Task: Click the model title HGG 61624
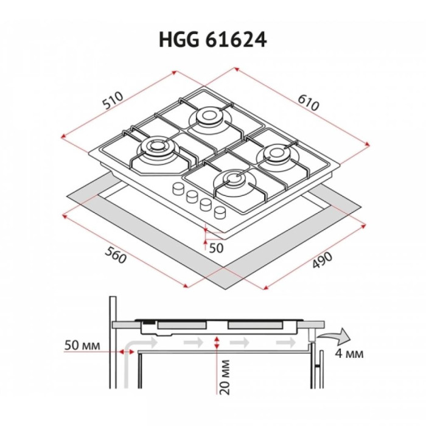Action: pos(213,40)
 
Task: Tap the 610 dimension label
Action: pos(309,103)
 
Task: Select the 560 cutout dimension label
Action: pos(116,255)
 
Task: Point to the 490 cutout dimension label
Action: pos(322,260)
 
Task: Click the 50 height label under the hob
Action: pos(216,248)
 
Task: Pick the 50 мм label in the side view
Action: pos(82,345)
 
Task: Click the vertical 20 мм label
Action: pos(225,377)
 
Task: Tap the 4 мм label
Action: pos(349,354)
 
